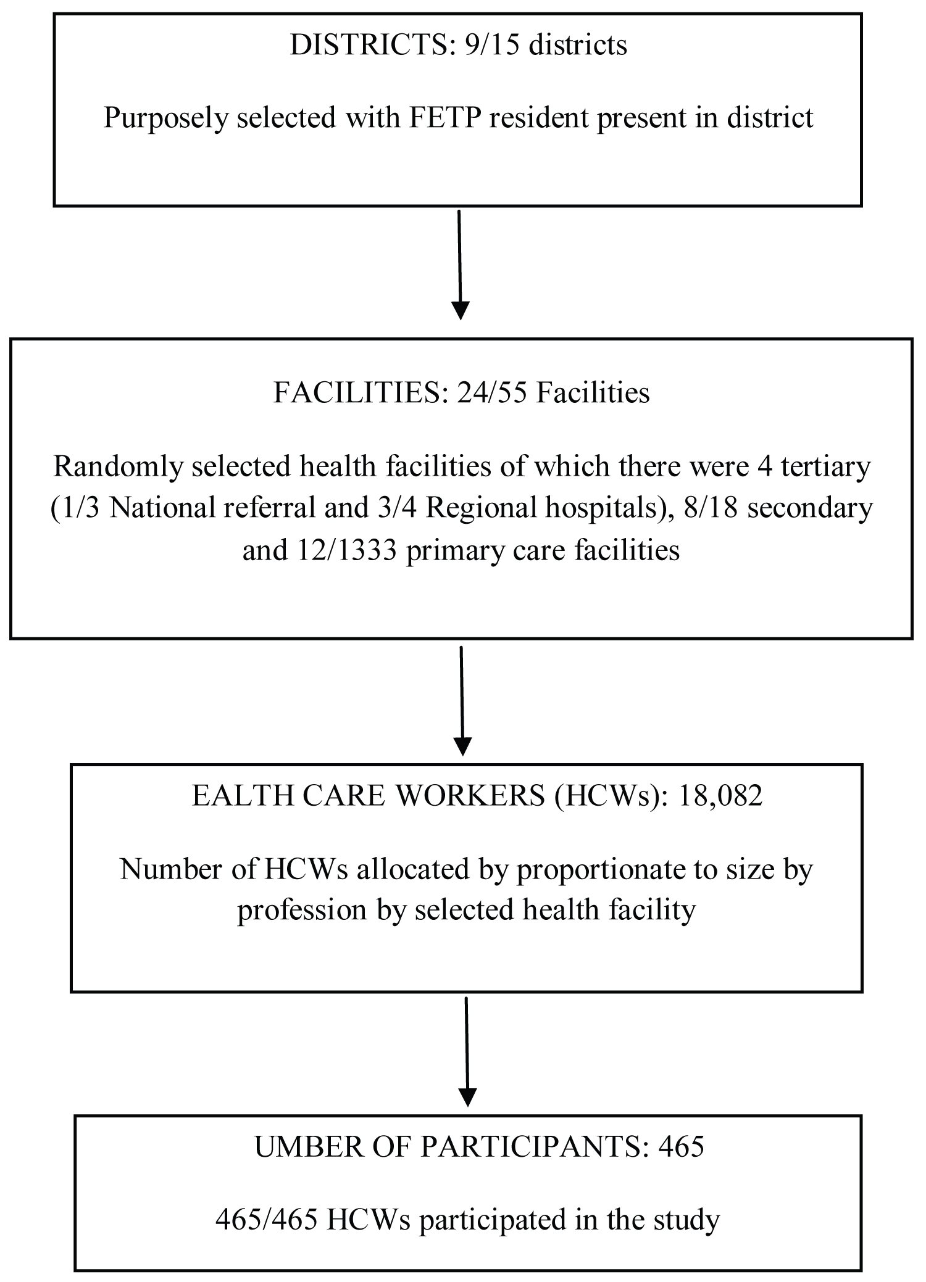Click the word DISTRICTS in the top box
coord(369,45)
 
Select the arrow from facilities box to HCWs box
coord(462,700)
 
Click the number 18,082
coord(720,796)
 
